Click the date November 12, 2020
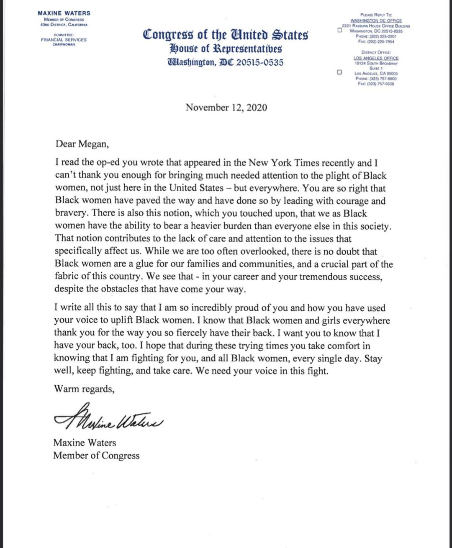click(226, 108)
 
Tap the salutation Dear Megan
click(82, 144)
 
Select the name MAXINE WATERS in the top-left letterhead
click(64, 13)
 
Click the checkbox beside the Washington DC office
click(339, 30)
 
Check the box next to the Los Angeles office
click(339, 72)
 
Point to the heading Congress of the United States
click(226, 35)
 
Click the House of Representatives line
click(226, 49)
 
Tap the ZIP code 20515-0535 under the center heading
click(260, 62)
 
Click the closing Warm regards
click(84, 389)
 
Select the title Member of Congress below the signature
click(96, 456)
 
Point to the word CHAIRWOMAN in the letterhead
click(64, 45)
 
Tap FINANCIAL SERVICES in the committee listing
click(64, 40)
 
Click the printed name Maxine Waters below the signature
click(85, 443)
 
